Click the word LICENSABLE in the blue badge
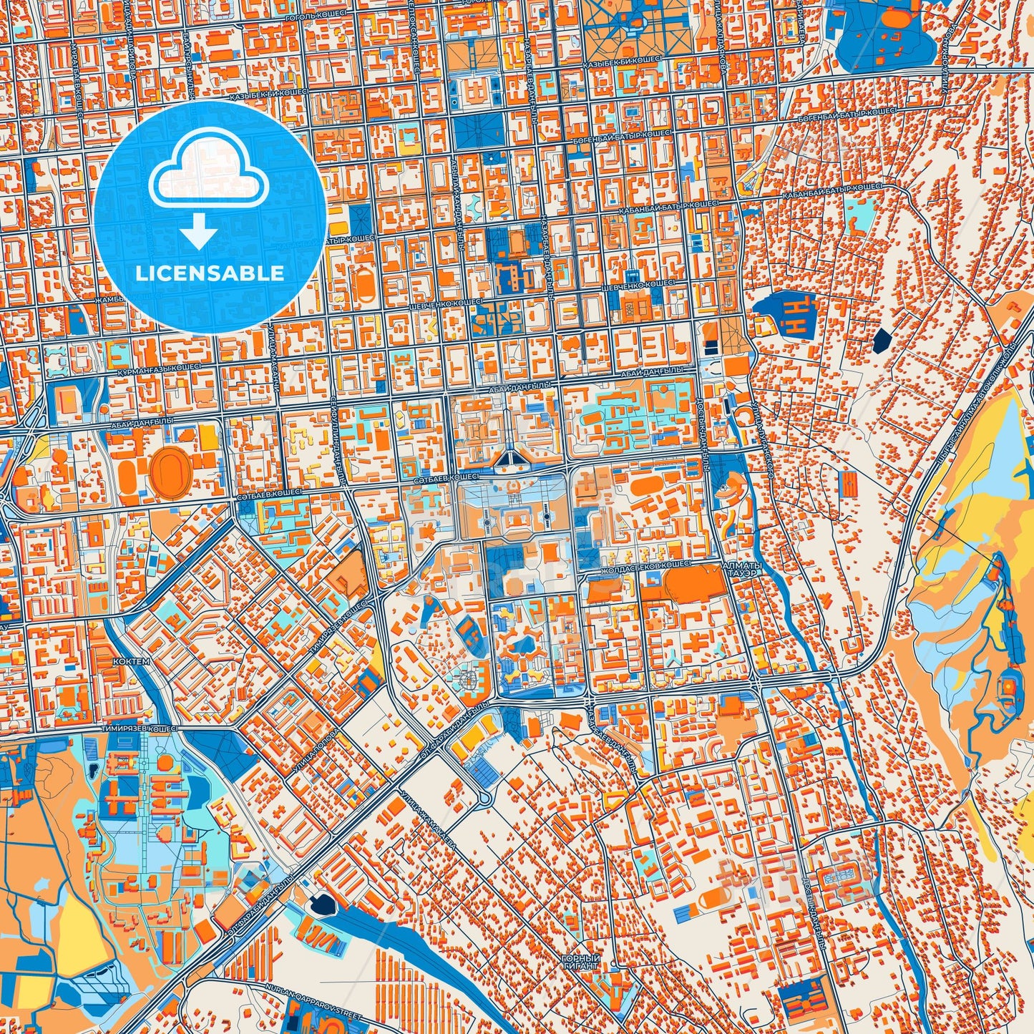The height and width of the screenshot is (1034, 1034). pyautogui.click(x=209, y=273)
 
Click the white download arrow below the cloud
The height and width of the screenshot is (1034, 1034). pyautogui.click(x=200, y=231)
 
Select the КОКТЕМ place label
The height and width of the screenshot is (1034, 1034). pyautogui.click(x=132, y=662)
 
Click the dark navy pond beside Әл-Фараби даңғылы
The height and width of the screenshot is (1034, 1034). pyautogui.click(x=320, y=904)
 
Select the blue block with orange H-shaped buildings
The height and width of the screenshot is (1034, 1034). pyautogui.click(x=787, y=315)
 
